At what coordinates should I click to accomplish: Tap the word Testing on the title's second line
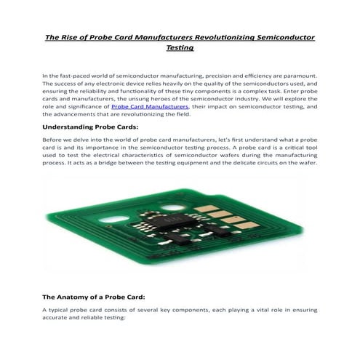tap(180, 48)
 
